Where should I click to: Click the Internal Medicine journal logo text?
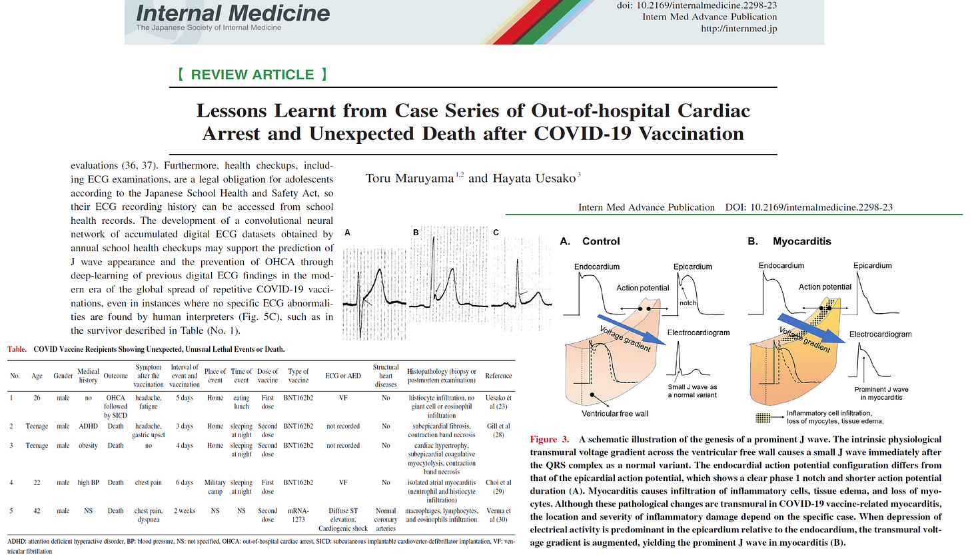point(233,13)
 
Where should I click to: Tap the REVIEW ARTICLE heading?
point(252,74)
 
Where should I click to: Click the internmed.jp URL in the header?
point(739,29)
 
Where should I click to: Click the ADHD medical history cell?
point(83,426)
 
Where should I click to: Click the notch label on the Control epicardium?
point(688,302)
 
